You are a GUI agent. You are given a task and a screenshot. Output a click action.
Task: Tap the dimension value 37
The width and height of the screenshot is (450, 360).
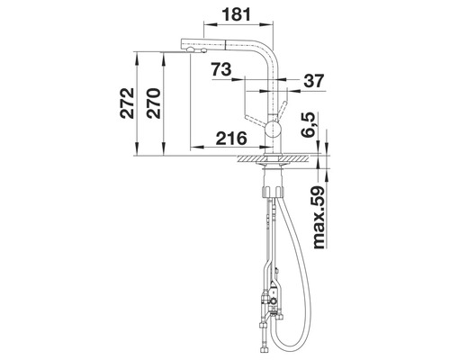coord(313,81)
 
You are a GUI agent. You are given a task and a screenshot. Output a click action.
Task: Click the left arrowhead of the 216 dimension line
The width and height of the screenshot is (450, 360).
coord(194,148)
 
